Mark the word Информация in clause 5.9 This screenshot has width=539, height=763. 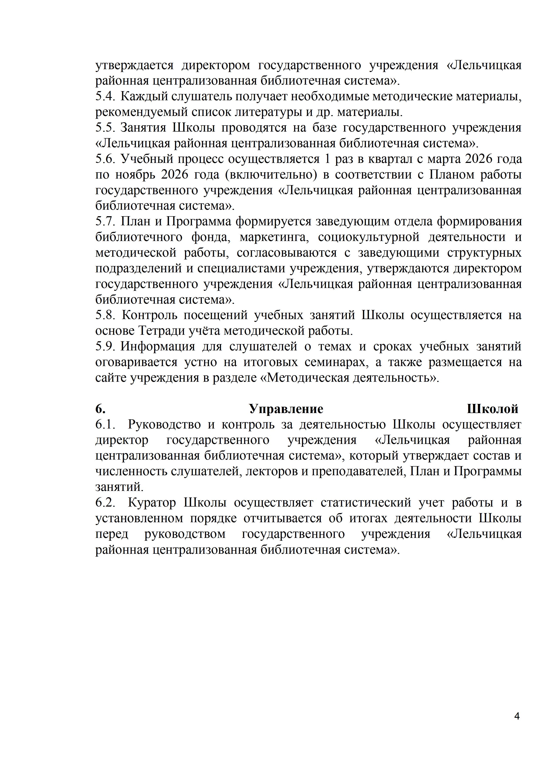157,347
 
